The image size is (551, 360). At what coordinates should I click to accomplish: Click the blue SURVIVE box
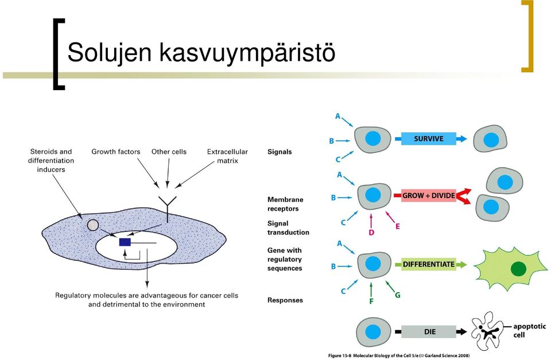point(428,138)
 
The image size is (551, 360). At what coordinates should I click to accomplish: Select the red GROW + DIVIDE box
point(429,195)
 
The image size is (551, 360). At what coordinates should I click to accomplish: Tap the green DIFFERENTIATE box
point(429,264)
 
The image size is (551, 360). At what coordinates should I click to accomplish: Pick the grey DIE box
point(429,331)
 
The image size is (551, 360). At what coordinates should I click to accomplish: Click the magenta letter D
point(371,233)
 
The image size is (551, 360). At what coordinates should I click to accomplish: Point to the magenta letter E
point(397,226)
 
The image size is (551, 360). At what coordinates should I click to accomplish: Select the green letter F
point(371,301)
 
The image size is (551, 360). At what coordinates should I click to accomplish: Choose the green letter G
point(397,295)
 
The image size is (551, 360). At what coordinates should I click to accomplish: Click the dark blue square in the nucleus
point(125,242)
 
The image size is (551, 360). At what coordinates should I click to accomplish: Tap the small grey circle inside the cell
point(93,225)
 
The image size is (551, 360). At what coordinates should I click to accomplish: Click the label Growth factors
point(115,152)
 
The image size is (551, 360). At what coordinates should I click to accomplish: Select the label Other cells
point(169,152)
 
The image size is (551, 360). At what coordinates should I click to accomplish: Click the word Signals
point(280,152)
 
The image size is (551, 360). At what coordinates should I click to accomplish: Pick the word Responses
point(285,300)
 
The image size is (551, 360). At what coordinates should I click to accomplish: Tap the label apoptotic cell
point(529,331)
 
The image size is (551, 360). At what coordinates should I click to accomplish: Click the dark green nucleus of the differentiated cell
point(518,269)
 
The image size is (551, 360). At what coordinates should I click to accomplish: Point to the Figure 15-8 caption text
point(399,355)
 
